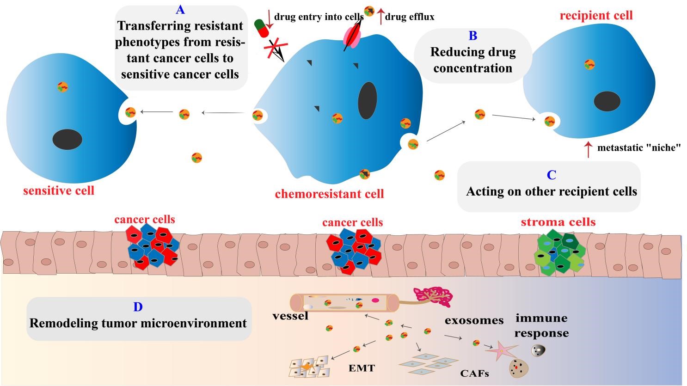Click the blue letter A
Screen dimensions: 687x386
(180, 10)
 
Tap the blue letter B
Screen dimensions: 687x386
(473, 36)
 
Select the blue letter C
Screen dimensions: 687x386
(552, 175)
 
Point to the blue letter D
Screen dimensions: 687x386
(138, 307)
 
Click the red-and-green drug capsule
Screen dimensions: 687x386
(262, 28)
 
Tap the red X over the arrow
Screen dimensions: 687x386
(276, 49)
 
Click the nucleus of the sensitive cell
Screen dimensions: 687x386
(67, 140)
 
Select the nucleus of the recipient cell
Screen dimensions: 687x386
(607, 101)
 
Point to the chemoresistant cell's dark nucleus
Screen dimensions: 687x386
(368, 100)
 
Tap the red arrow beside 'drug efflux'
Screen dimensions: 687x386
(380, 17)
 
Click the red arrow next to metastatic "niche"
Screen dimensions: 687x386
(588, 150)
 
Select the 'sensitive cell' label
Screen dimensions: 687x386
(59, 191)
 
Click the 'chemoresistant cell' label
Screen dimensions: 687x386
(329, 194)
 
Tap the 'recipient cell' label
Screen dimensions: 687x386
(596, 15)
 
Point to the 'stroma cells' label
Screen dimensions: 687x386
(558, 222)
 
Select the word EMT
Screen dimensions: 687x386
(362, 368)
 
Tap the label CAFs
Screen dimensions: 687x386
(474, 373)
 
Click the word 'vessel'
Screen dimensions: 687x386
(290, 315)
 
